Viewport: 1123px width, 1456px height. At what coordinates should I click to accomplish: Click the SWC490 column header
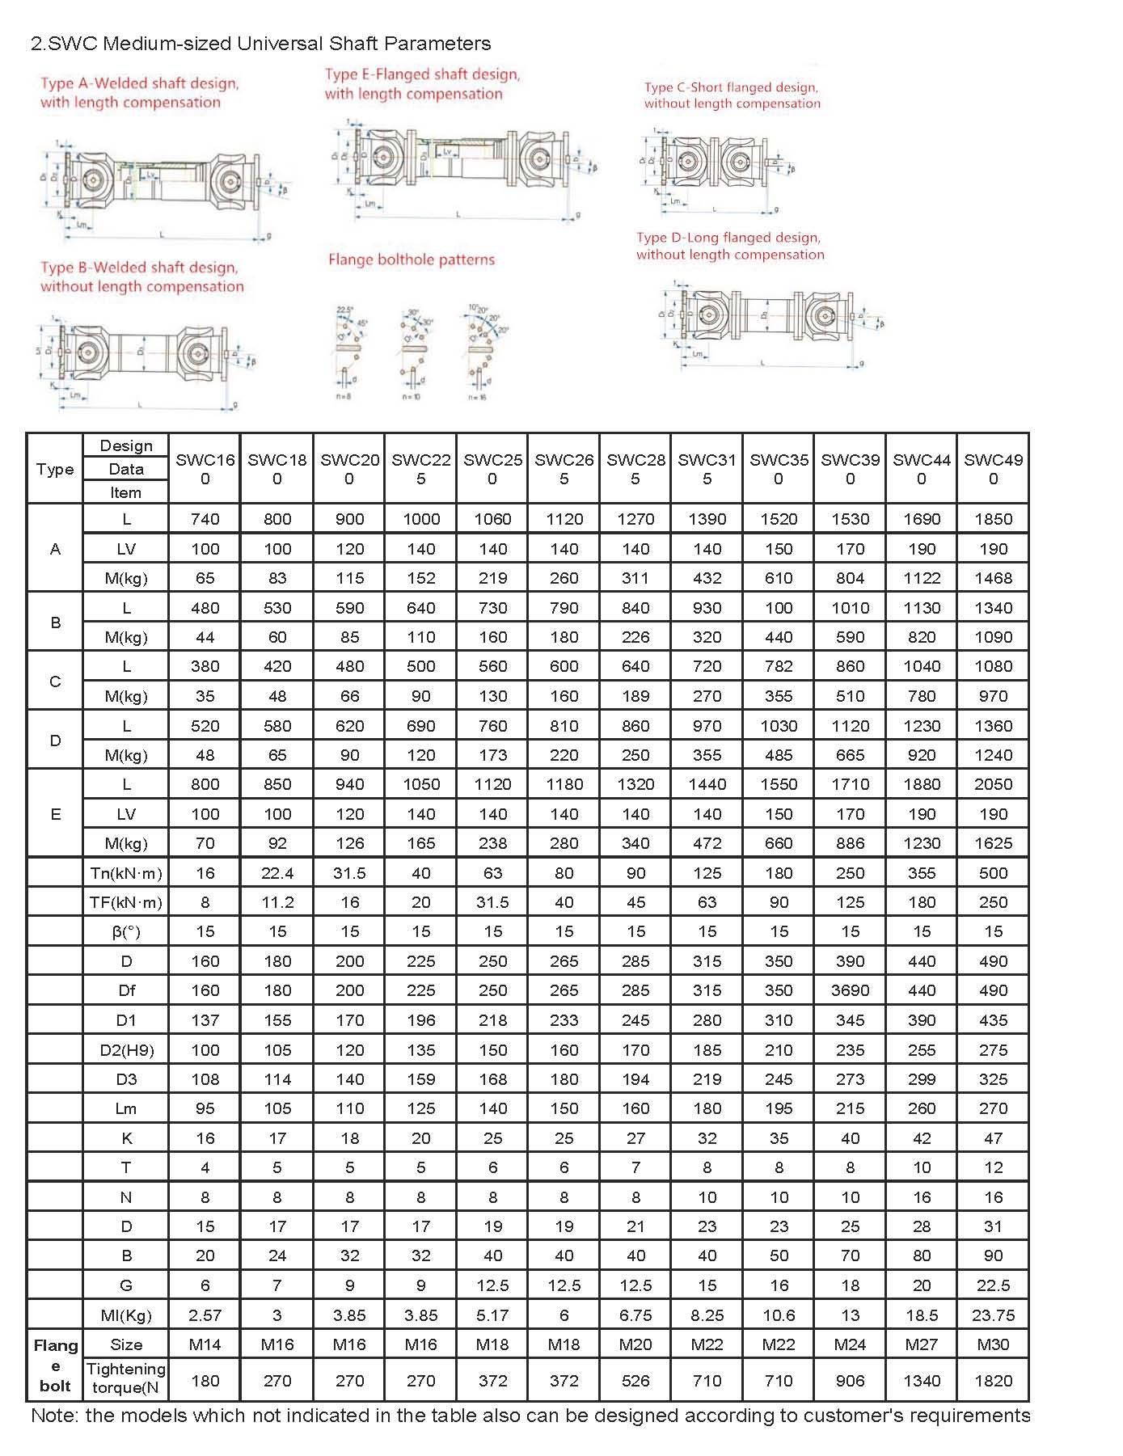tap(993, 469)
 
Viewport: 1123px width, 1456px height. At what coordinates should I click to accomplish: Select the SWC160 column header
tap(205, 469)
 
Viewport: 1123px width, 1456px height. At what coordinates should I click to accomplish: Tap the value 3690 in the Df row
tap(850, 990)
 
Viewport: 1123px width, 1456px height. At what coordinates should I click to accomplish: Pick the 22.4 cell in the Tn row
tap(277, 873)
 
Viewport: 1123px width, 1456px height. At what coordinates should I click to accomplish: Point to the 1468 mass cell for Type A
tap(993, 578)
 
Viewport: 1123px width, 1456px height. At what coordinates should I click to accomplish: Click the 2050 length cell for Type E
tap(993, 784)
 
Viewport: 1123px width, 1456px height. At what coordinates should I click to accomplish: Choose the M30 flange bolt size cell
tap(993, 1344)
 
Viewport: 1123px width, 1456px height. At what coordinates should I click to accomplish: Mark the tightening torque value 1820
tap(993, 1381)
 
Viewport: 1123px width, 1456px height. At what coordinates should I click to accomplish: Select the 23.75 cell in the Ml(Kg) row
tap(993, 1315)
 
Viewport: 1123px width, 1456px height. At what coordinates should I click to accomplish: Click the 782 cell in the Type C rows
tap(779, 667)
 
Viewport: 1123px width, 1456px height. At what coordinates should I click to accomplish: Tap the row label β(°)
tap(126, 932)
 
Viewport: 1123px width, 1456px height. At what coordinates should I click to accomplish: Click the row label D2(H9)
tap(126, 1050)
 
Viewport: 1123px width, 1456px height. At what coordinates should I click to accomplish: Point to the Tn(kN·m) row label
tap(126, 873)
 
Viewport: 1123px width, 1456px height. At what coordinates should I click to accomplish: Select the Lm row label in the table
tap(126, 1108)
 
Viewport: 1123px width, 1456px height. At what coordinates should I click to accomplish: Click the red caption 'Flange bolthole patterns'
tap(411, 260)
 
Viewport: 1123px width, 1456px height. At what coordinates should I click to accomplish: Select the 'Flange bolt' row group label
tap(55, 1365)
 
